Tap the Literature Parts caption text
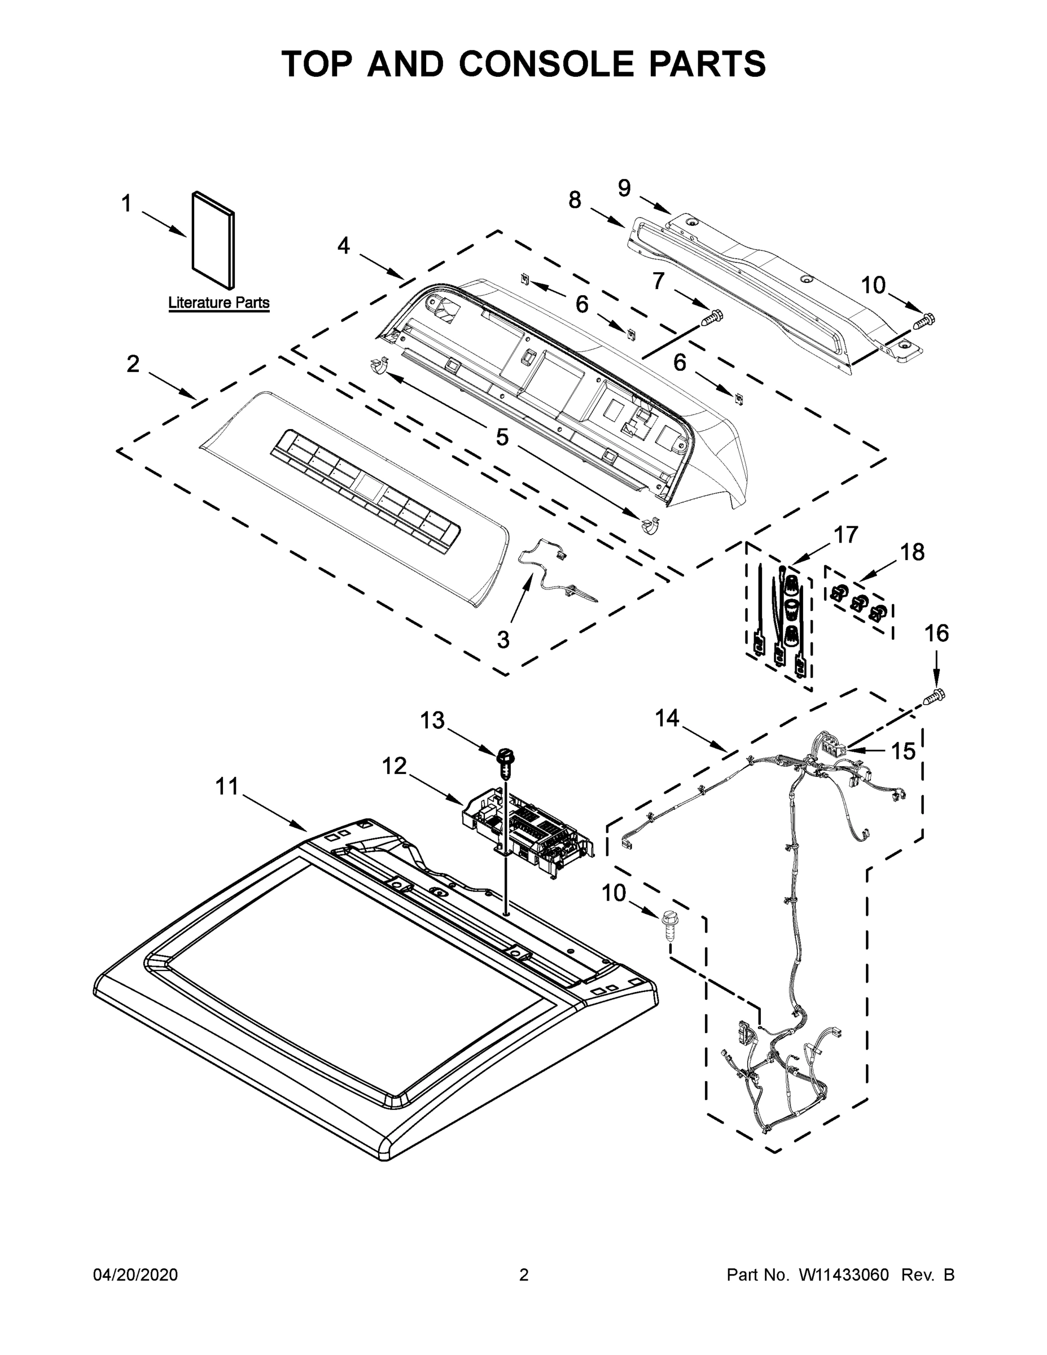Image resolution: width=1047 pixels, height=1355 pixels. click(x=219, y=303)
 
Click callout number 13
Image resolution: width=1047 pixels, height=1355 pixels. click(x=432, y=720)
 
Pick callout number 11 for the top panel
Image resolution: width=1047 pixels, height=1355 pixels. click(x=226, y=786)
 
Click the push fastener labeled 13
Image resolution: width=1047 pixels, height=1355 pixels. click(x=506, y=762)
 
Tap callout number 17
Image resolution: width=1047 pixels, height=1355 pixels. click(x=846, y=534)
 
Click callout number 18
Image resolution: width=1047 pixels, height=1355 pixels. click(x=912, y=552)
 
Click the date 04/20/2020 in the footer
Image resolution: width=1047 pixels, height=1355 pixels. click(x=135, y=1274)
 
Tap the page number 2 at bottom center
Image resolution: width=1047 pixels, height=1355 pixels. click(x=524, y=1274)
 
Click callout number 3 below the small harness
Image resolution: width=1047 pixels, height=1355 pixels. click(x=503, y=639)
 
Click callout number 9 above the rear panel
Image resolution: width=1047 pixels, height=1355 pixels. click(x=624, y=187)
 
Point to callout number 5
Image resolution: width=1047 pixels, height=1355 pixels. click(x=502, y=437)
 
